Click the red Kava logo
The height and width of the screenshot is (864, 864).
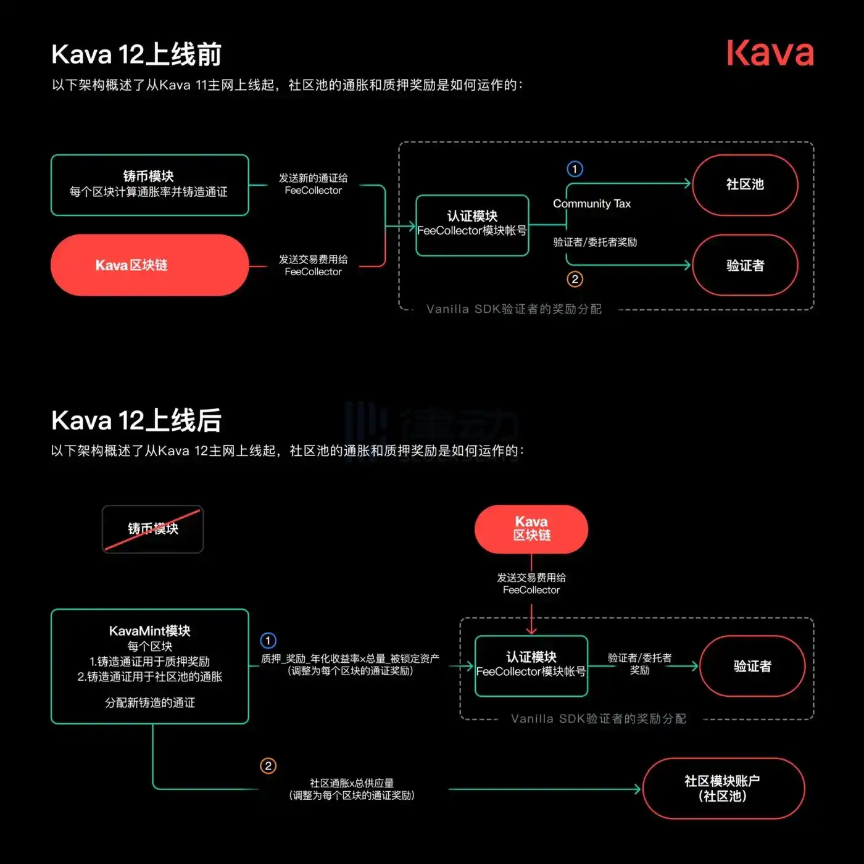[770, 53]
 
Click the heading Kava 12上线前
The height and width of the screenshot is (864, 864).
[136, 54]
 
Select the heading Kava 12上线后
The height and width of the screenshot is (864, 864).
[136, 420]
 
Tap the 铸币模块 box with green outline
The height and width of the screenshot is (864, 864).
[149, 185]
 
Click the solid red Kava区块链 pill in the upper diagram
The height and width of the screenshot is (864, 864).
[149, 265]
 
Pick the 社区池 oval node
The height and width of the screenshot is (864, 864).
[745, 185]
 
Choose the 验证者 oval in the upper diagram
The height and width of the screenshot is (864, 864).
[745, 265]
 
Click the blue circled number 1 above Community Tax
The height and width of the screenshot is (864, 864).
[575, 168]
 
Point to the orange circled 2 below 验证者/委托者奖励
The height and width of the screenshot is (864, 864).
[575, 279]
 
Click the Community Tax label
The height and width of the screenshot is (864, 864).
[591, 204]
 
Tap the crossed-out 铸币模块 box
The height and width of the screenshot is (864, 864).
[152, 529]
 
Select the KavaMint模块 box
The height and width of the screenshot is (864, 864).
[149, 666]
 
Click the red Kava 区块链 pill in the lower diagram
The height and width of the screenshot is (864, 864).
[531, 529]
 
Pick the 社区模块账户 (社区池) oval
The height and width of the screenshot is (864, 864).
[723, 788]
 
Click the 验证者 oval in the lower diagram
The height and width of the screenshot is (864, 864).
[752, 666]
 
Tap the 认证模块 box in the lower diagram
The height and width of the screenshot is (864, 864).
[531, 665]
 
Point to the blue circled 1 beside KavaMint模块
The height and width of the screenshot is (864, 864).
[268, 640]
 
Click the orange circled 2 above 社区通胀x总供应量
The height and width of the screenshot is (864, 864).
[268, 766]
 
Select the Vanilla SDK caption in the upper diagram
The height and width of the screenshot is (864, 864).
[513, 309]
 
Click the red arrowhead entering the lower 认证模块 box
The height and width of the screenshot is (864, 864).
[531, 630]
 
